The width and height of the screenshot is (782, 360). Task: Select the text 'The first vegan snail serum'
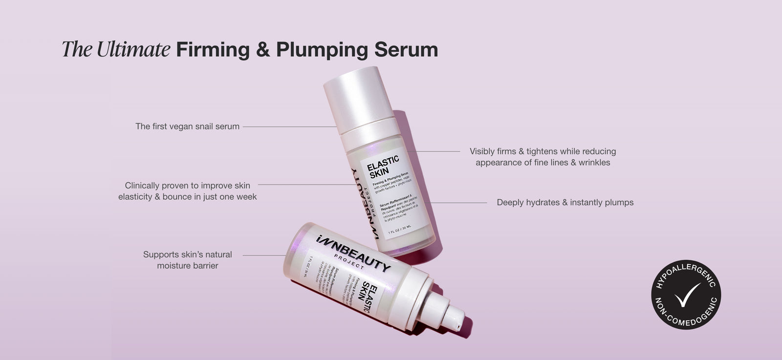click(x=187, y=127)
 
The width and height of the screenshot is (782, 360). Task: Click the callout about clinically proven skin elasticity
click(x=187, y=191)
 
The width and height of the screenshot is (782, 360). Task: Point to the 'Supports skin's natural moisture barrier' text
click(x=187, y=260)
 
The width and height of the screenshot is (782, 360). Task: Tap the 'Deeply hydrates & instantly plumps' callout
click(x=565, y=202)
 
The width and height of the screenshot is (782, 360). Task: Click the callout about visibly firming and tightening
click(x=543, y=157)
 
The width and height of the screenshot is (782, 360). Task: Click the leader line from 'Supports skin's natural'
click(x=264, y=255)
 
